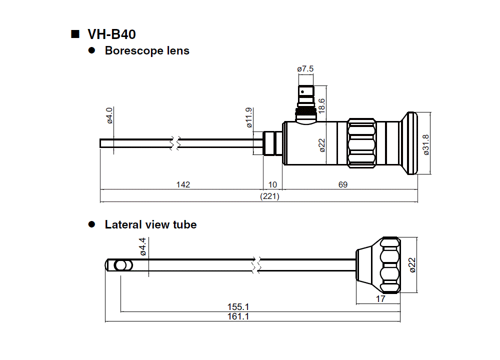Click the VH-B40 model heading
(x=111, y=34)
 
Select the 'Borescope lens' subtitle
(x=147, y=50)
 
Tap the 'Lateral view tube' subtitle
(x=150, y=225)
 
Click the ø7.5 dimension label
(x=305, y=68)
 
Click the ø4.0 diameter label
(x=110, y=114)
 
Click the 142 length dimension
(x=183, y=185)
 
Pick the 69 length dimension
(x=342, y=185)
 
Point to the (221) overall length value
(x=270, y=196)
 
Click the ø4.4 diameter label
(x=143, y=247)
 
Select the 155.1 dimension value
(x=238, y=307)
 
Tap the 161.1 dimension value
(x=238, y=317)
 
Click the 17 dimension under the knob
(x=380, y=299)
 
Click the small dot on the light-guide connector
(x=302, y=91)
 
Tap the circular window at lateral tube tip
(x=120, y=265)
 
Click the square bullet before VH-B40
(x=75, y=34)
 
